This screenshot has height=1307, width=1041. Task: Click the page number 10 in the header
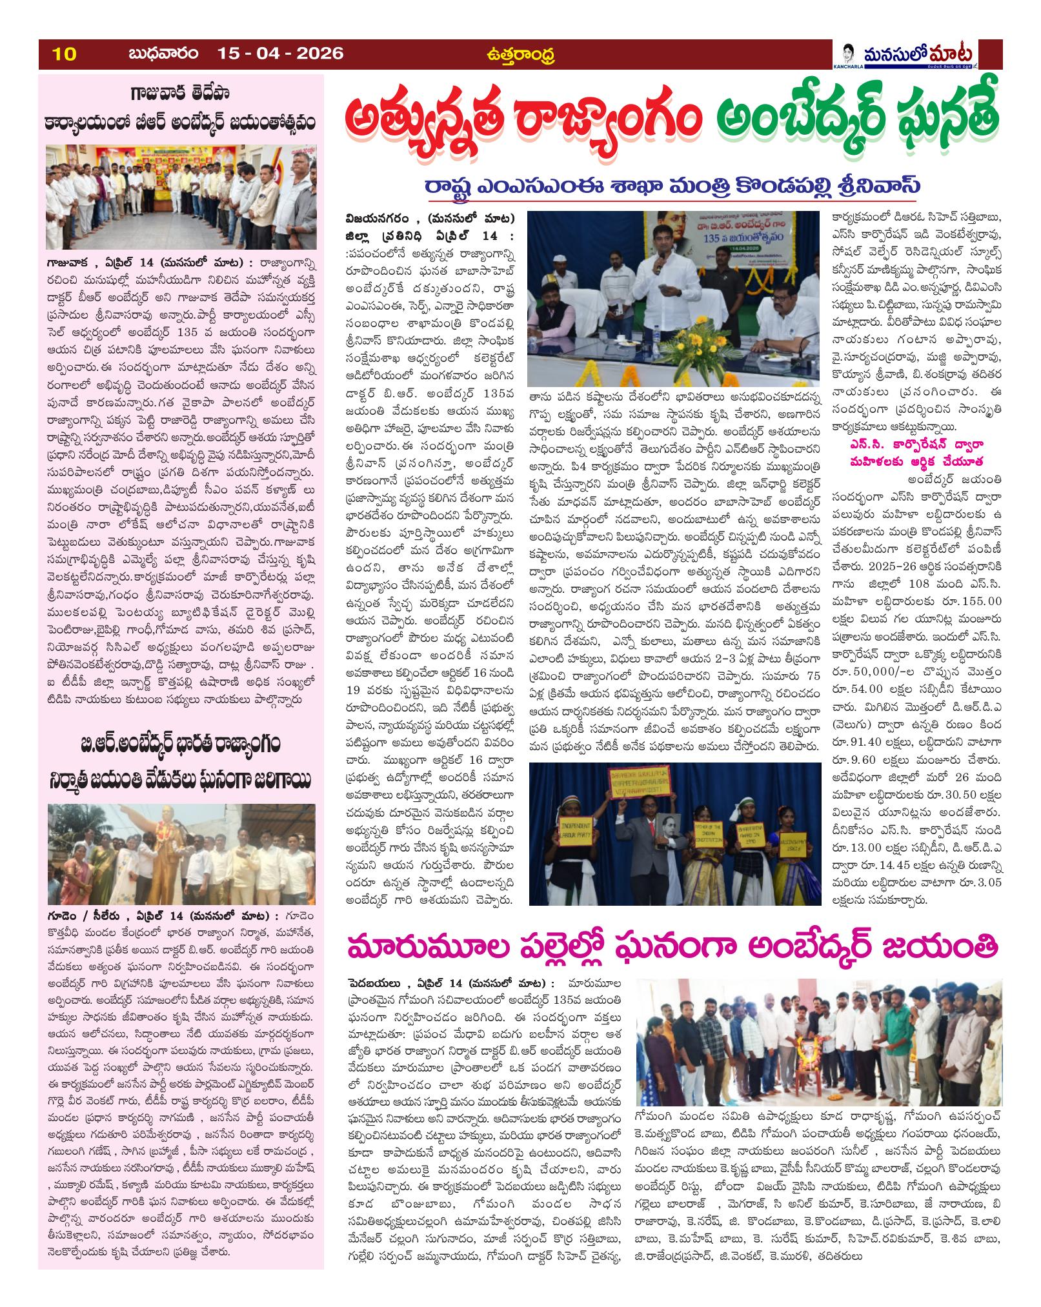(65, 54)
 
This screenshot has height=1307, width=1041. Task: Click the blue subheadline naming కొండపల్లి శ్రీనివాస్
(672, 185)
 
